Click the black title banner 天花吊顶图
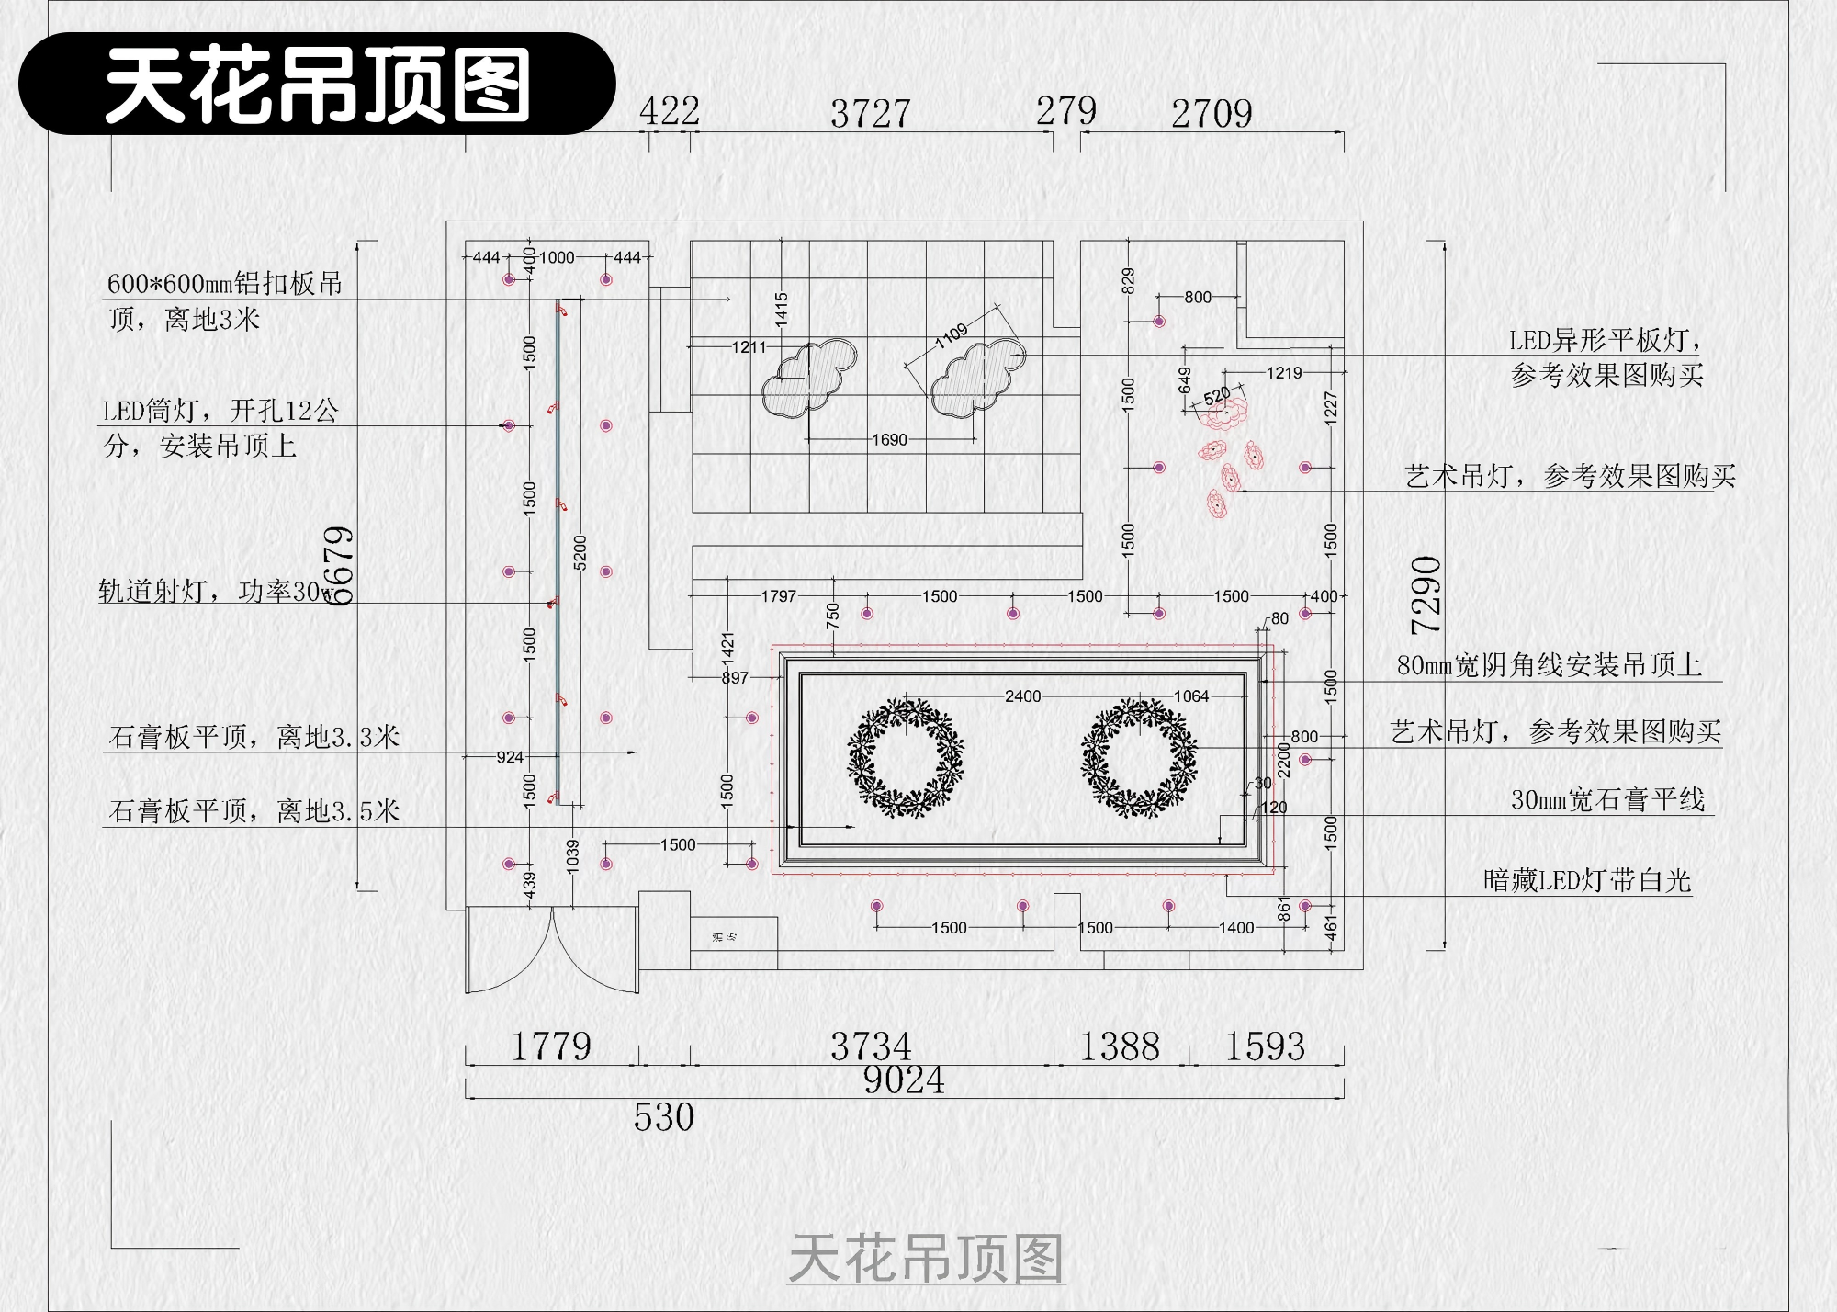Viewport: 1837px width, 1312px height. pos(317,84)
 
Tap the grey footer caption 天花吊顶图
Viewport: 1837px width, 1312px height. pos(925,1258)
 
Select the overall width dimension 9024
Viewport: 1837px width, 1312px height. pos(904,1080)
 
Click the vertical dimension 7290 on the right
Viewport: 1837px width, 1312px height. pos(1426,594)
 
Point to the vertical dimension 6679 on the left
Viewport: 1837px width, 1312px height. pos(340,565)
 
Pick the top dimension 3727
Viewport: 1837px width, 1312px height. pos(870,114)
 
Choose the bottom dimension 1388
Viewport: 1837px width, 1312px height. pos(1119,1046)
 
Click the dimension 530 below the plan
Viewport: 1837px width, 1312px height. pos(663,1117)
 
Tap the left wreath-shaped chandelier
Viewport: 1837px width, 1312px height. pos(906,758)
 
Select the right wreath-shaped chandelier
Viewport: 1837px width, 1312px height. pos(1139,758)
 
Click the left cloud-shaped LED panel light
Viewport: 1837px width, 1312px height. pos(808,378)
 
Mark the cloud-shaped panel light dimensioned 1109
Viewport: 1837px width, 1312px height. pos(977,378)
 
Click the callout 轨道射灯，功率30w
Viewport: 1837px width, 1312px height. pos(216,591)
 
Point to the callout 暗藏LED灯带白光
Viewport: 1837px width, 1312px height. pos(1586,880)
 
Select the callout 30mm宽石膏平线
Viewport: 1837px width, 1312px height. pos(1607,799)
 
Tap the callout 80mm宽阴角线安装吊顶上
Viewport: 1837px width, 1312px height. pos(1549,664)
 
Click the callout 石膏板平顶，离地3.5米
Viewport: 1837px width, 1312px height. pos(254,810)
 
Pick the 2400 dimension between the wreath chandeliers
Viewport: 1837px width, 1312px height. pos(1022,696)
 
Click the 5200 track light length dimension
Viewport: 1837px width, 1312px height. pos(580,552)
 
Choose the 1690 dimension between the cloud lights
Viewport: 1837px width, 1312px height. pos(889,440)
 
